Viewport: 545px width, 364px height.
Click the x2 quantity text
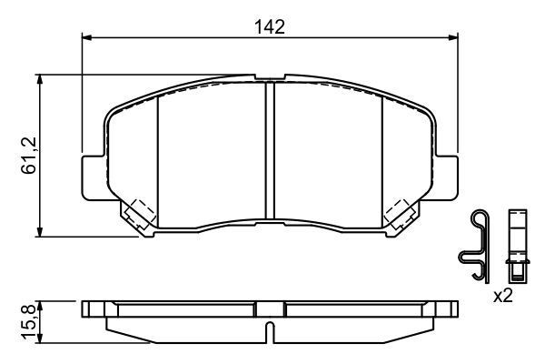(502, 296)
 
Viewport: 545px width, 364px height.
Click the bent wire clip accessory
(476, 246)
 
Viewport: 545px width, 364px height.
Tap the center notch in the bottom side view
(270, 329)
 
